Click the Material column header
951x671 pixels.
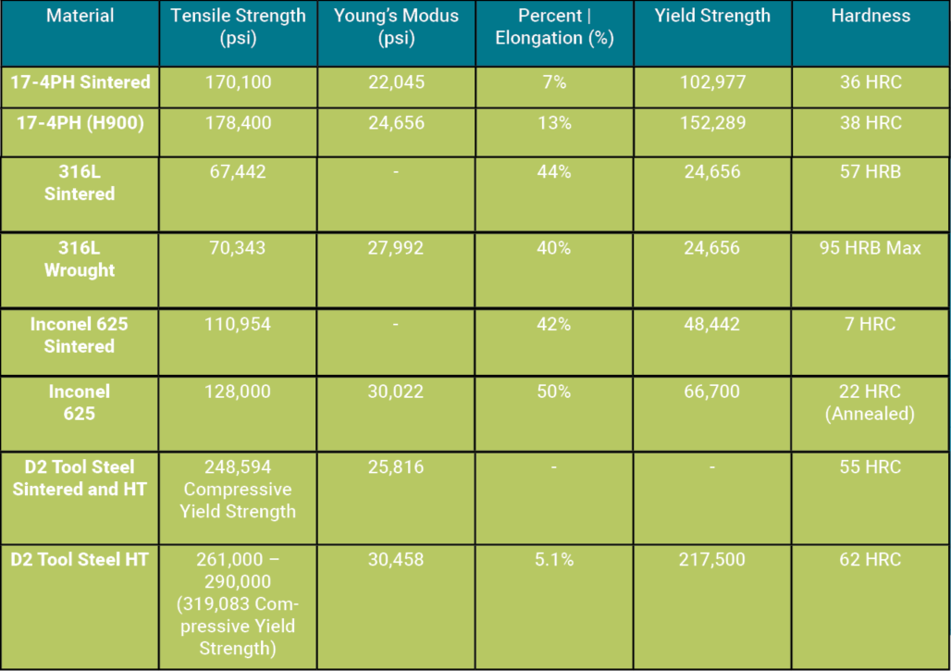80,16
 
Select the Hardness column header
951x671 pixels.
871,16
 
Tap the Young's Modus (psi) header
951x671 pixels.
396,27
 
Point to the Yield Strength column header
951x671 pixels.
712,16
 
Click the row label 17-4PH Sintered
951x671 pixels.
80,82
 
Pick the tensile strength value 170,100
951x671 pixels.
238,82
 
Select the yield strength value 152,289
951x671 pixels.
711,122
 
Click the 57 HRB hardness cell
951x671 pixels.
871,171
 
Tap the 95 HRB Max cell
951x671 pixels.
871,248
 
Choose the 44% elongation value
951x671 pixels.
554,171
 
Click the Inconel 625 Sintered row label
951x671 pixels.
80,335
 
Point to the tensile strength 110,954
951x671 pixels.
238,324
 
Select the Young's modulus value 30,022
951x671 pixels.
395,391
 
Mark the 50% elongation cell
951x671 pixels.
554,391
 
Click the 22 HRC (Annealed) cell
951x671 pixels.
871,403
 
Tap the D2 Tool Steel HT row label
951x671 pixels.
80,559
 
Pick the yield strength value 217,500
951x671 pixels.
711,559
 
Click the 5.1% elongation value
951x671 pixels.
554,559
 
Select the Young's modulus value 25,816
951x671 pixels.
395,466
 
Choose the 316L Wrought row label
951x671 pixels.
80,259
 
